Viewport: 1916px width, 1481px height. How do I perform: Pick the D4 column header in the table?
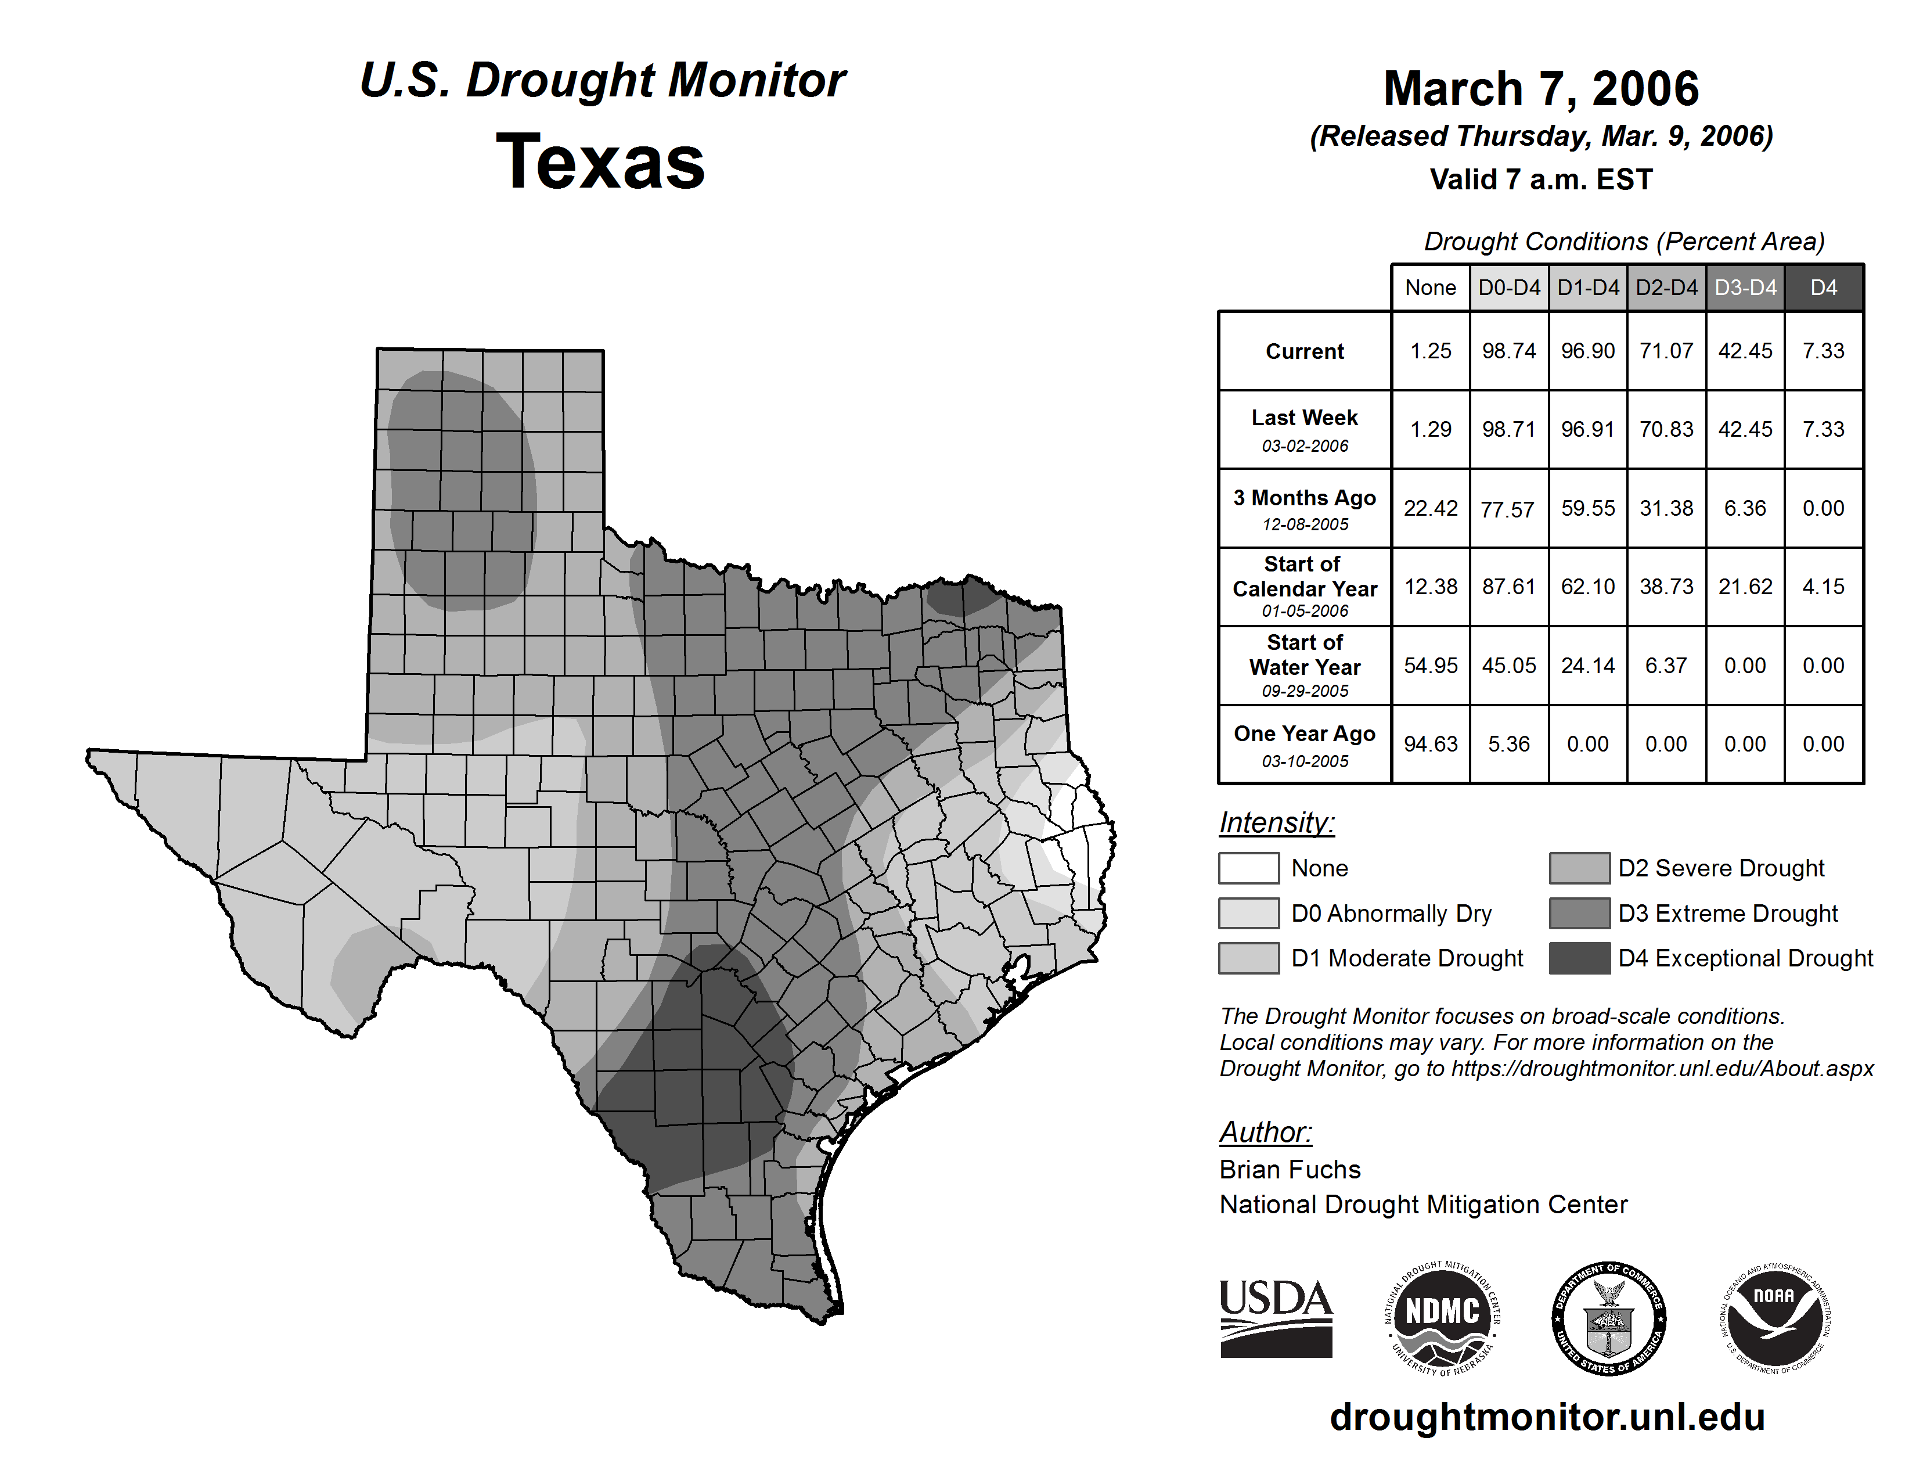click(x=1823, y=287)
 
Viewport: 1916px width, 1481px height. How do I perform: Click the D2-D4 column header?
click(x=1666, y=287)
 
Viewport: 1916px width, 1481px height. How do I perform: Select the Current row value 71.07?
click(x=1666, y=351)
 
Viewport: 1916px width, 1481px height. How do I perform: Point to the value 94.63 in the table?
click(x=1430, y=744)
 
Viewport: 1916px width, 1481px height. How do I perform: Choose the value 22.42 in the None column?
click(x=1430, y=508)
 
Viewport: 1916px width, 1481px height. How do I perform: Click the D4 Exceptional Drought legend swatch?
click(x=1579, y=958)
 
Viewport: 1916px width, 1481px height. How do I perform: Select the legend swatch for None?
click(x=1248, y=868)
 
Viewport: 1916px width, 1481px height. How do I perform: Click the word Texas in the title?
click(x=600, y=161)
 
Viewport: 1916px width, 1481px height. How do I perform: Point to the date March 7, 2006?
click(x=1540, y=89)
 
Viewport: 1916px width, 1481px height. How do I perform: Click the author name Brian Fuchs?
click(x=1290, y=1170)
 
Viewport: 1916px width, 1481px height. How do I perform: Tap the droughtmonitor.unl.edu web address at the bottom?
click(x=1547, y=1417)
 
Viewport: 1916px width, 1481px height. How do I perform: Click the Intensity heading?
click(x=1276, y=823)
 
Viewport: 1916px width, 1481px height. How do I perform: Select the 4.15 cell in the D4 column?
click(x=1823, y=586)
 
